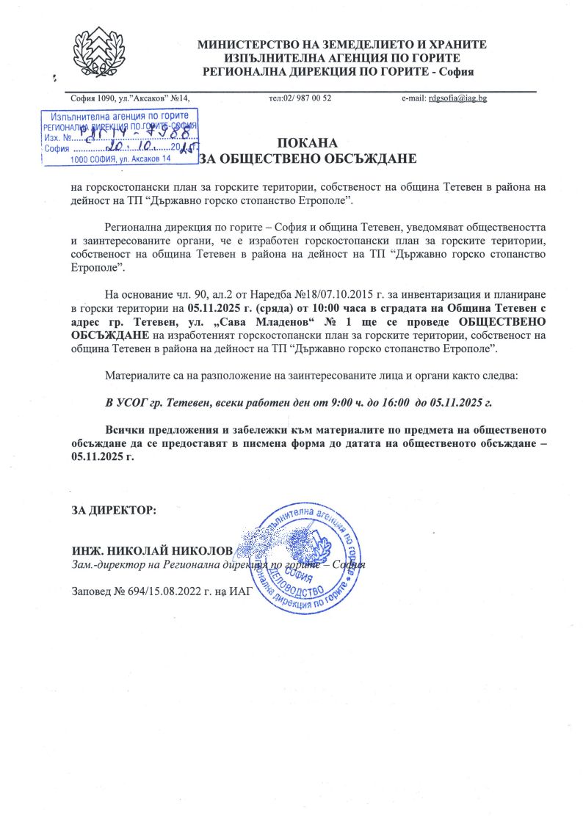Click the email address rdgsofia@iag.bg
point(458,98)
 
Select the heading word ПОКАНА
point(308,143)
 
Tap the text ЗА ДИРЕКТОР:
point(113,510)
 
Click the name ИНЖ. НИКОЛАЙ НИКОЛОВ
point(151,551)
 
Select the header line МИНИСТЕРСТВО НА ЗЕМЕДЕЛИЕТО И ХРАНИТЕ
point(342,45)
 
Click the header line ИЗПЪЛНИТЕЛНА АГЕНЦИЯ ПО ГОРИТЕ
point(342,58)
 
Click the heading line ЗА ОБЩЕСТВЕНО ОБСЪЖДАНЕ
point(308,158)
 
